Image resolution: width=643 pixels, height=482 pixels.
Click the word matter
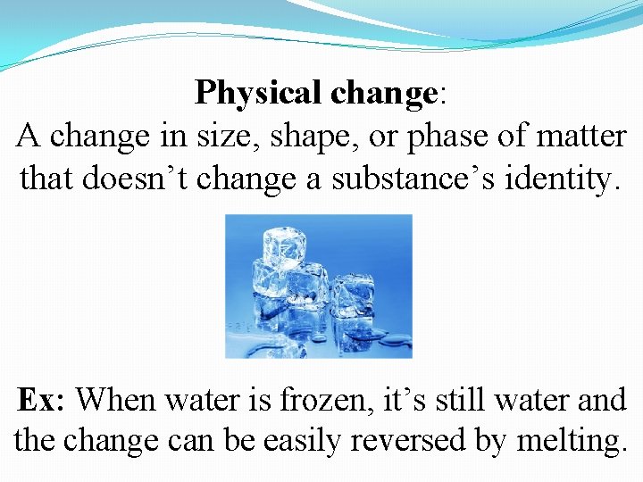[584, 136]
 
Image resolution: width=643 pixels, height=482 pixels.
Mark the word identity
[564, 178]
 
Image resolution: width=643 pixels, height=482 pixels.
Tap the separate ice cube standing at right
[354, 295]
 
